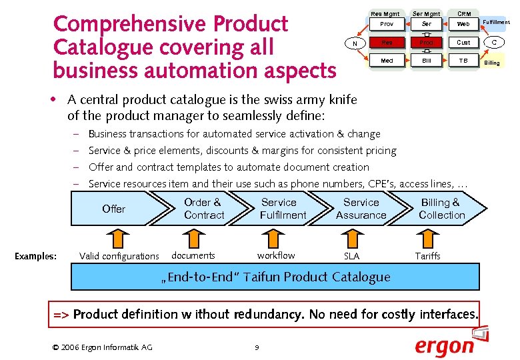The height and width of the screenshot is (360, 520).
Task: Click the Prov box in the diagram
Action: click(x=387, y=24)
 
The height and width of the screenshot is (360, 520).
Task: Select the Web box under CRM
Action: click(x=463, y=24)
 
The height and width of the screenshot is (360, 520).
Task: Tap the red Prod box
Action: click(x=426, y=43)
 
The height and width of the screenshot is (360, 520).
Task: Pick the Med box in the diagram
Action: click(x=387, y=61)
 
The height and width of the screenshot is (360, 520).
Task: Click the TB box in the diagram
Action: click(x=463, y=61)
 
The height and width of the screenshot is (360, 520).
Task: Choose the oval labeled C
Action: click(x=494, y=43)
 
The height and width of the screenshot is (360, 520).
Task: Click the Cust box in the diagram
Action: click(x=463, y=43)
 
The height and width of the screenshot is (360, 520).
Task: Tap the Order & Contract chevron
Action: click(x=203, y=209)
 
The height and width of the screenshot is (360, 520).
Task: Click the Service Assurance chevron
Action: click(x=361, y=209)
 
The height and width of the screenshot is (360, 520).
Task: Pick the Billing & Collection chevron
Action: click(x=441, y=209)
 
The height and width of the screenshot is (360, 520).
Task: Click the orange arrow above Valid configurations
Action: click(x=117, y=239)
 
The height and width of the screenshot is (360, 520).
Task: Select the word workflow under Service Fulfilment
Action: click(x=276, y=255)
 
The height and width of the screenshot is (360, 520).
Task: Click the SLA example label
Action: click(x=351, y=256)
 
